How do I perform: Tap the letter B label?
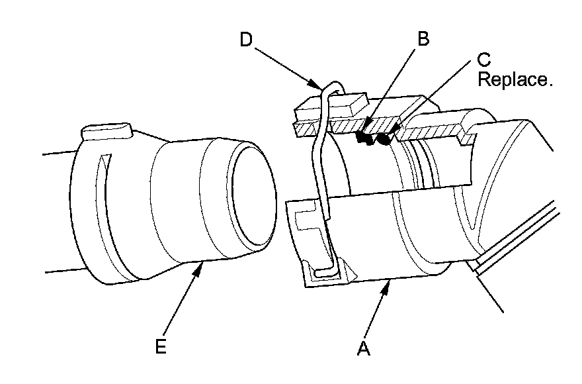pos(422,38)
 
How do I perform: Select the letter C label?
pos(484,61)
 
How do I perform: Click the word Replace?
pos(514,80)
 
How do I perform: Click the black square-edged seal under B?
pos(363,137)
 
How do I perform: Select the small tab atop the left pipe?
pos(106,130)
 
